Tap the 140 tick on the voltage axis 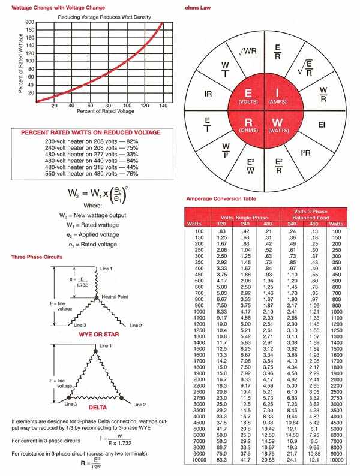(162, 106)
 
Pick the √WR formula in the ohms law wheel (247, 52)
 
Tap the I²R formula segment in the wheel (305, 154)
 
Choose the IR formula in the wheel (208, 94)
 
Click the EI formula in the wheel (321, 125)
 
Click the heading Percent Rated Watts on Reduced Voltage (91, 132)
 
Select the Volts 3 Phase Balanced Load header (310, 215)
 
